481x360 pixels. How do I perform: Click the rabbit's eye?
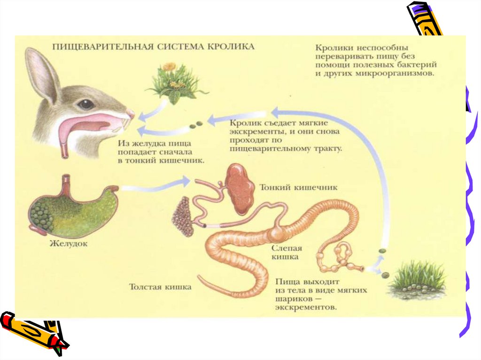[86, 104]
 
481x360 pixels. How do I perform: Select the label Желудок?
[69, 244]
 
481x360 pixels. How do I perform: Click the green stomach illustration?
[73, 209]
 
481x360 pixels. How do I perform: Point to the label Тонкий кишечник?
[298, 187]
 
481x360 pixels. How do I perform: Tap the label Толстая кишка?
[161, 287]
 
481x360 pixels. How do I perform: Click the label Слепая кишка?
[287, 252]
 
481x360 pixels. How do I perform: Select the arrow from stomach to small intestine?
[155, 186]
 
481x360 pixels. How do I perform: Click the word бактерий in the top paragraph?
[418, 65]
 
